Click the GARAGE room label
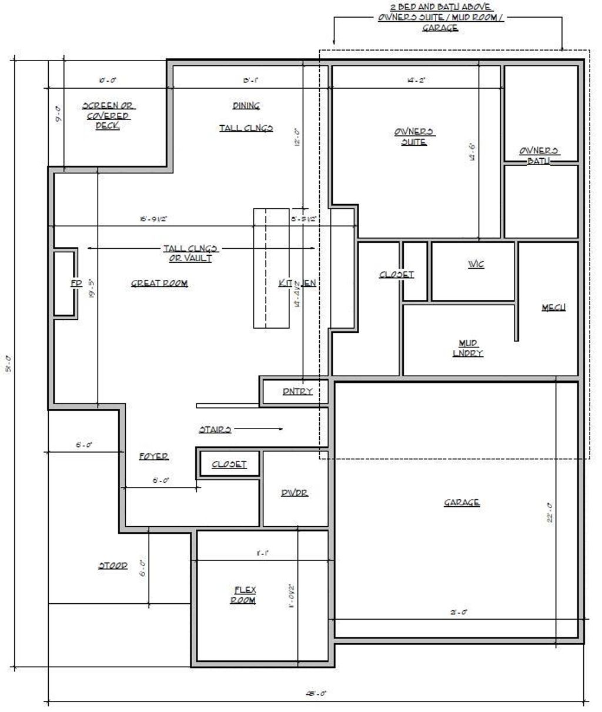[x=461, y=503]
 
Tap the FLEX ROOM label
[x=245, y=595]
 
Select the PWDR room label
[x=295, y=493]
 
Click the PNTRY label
[x=297, y=392]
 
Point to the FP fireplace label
[x=76, y=283]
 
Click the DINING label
[x=246, y=106]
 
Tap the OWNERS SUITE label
[x=414, y=136]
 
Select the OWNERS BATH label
[x=539, y=155]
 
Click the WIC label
[x=476, y=265]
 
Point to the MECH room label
[x=553, y=307]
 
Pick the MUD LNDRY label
[x=468, y=348]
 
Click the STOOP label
[x=112, y=566]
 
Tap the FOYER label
[x=154, y=456]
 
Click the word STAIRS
[x=215, y=430]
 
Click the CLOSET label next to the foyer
[x=229, y=464]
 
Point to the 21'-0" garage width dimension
[x=459, y=612]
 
